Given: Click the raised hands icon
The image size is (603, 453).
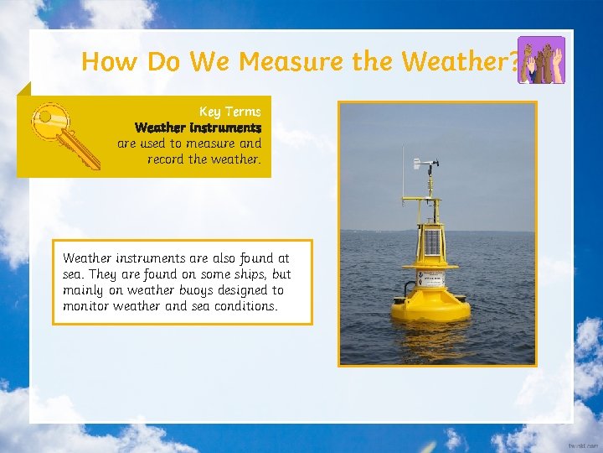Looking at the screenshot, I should pyautogui.click(x=541, y=60).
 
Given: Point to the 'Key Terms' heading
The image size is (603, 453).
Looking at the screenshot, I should pyautogui.click(x=229, y=112).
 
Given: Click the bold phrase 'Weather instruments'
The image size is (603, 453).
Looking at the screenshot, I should pyautogui.click(x=198, y=128).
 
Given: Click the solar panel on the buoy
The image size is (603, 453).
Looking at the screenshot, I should pyautogui.click(x=432, y=242).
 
